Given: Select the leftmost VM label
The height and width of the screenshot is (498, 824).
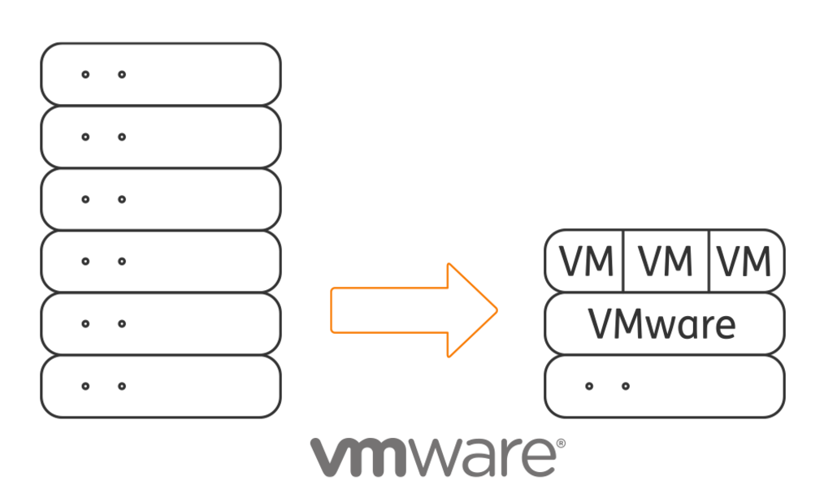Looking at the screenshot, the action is [586, 261].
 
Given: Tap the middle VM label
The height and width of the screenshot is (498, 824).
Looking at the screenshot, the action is [666, 261].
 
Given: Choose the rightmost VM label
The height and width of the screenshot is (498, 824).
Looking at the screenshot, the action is [744, 261].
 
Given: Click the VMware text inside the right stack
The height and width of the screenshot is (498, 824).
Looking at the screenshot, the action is [662, 324].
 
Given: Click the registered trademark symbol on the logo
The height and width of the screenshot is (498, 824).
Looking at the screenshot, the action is [561, 444].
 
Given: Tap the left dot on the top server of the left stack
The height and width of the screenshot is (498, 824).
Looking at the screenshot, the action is [85, 75].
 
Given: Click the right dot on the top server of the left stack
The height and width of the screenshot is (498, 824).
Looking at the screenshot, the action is [121, 75].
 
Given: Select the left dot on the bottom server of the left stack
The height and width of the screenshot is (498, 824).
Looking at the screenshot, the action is [85, 386].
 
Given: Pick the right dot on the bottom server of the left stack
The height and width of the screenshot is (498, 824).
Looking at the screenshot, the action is [121, 386].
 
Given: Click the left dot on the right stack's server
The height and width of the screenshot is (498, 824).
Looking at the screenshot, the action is [589, 386].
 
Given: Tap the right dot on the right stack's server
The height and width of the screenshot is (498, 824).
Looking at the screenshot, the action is [626, 386].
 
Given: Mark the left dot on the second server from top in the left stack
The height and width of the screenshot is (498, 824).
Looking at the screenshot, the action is [85, 137].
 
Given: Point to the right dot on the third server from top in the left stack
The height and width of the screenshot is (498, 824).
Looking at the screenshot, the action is [121, 199].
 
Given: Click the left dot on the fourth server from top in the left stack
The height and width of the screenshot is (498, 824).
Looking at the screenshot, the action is [85, 261].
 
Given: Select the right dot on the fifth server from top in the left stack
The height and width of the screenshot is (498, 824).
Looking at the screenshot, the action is [121, 323].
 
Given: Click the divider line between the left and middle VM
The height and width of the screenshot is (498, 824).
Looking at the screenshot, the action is [623, 261].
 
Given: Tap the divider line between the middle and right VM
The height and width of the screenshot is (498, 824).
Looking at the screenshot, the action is [709, 261].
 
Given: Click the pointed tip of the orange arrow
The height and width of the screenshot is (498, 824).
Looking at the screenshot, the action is [497, 310].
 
